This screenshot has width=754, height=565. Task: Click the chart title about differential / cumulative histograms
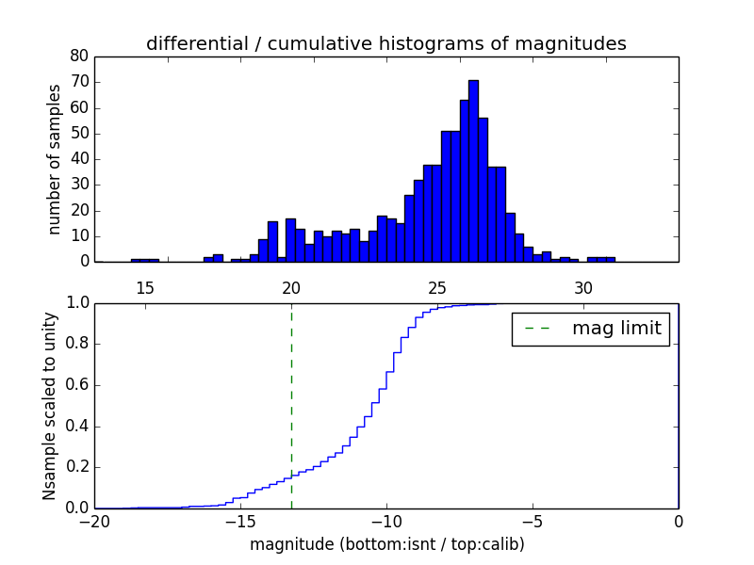point(385,43)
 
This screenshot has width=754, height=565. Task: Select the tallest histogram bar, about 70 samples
point(473,169)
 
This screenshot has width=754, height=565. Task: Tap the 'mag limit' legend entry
point(590,329)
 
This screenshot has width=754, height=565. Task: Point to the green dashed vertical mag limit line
point(291,405)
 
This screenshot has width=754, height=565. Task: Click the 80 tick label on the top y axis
point(79,56)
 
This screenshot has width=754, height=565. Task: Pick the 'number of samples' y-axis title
point(55,159)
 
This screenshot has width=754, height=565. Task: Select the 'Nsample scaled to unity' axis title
point(49,406)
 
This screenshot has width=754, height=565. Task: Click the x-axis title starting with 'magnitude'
point(386,544)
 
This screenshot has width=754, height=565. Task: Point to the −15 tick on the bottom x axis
point(239,521)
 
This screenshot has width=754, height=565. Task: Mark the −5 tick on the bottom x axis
point(532,521)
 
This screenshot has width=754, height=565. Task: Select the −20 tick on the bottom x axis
point(93,521)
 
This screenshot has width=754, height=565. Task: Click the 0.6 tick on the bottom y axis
point(76,385)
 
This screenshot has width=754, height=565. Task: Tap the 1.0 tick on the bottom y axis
point(76,303)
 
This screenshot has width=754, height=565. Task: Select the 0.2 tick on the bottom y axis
point(76,467)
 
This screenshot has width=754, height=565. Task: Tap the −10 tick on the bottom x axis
point(385,521)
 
